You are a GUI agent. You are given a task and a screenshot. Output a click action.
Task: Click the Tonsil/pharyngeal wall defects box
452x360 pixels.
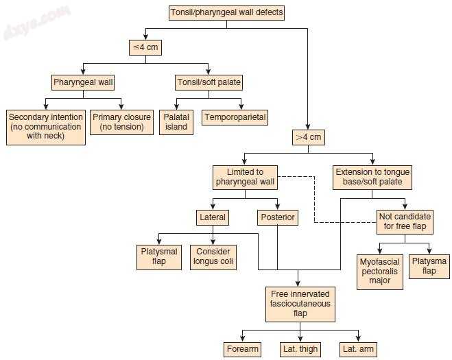click(x=226, y=12)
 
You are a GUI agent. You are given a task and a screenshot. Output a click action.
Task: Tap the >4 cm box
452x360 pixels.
click(x=309, y=137)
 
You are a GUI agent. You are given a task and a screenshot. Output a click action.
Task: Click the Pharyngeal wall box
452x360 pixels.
click(x=84, y=83)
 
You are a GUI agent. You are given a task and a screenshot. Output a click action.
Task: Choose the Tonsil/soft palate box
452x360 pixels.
click(x=209, y=83)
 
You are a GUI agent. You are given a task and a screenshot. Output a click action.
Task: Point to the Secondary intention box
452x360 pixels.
click(x=46, y=126)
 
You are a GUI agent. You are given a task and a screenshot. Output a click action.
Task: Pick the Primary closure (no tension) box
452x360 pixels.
click(x=122, y=121)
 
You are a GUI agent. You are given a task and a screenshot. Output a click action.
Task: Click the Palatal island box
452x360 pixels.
click(x=176, y=121)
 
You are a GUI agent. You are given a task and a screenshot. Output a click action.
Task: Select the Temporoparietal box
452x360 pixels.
click(x=235, y=117)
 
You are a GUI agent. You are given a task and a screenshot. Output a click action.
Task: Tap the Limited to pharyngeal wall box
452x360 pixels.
click(x=245, y=176)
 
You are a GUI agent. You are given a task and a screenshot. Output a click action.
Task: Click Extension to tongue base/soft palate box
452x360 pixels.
click(x=372, y=176)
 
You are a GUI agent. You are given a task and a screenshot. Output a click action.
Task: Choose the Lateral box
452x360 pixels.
click(x=213, y=218)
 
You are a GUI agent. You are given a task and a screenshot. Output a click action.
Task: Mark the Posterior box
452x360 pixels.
click(x=278, y=218)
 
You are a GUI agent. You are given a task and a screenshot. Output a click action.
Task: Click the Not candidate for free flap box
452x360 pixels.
click(x=405, y=221)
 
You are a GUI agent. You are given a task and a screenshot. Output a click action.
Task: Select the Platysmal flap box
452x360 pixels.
click(x=159, y=256)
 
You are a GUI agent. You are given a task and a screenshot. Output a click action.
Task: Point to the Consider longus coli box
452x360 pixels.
click(x=213, y=256)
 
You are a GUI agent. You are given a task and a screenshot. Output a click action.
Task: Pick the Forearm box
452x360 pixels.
click(x=243, y=349)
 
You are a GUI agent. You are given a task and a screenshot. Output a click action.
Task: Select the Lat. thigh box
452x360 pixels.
click(x=300, y=349)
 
